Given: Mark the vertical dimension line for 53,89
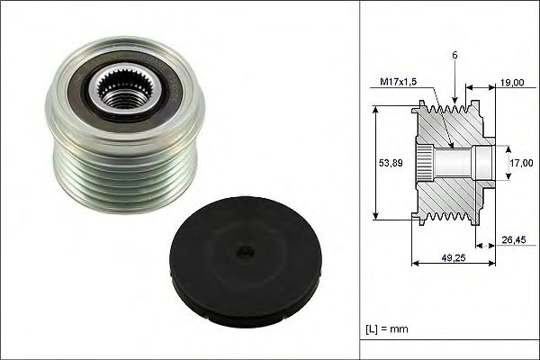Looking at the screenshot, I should pyautogui.click(x=375, y=162).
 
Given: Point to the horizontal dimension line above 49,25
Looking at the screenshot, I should pyautogui.click(x=453, y=265).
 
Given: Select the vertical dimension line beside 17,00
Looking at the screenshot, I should pyautogui.click(x=502, y=163).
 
